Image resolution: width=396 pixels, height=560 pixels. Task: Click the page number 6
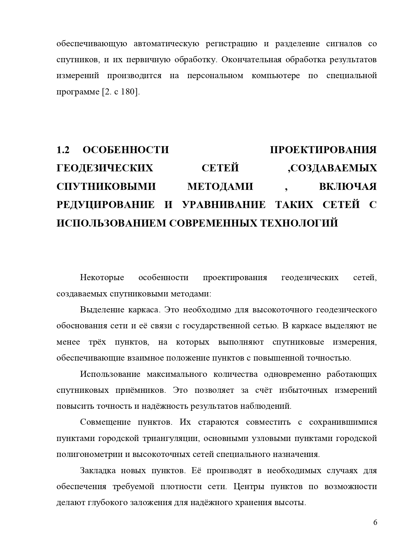tap(375, 523)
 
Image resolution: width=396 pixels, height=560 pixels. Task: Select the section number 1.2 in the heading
tap(63, 150)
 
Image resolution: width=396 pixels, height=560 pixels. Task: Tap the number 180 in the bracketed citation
tap(129, 92)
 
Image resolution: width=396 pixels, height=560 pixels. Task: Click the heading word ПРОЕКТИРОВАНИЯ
tap(323, 150)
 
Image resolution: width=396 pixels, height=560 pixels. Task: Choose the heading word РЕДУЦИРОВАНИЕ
tap(105, 205)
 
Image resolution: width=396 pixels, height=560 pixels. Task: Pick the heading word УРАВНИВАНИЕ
tap(224, 205)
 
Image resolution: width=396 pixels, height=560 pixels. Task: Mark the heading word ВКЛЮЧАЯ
tap(348, 186)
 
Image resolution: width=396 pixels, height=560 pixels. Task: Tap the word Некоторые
tap(102, 278)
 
